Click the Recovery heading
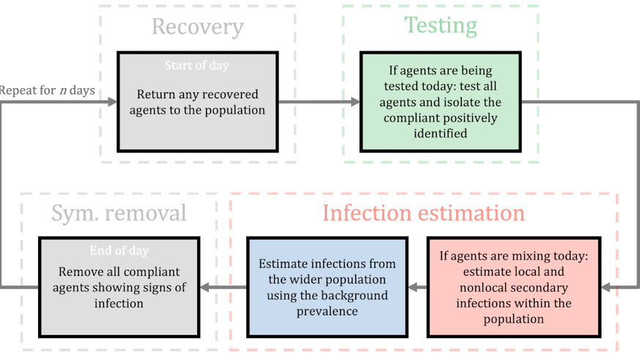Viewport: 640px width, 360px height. pos(197,27)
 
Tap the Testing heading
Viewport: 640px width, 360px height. pos(441,26)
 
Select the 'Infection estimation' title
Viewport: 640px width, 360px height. pos(424,213)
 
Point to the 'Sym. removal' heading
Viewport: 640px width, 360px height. pos(119,213)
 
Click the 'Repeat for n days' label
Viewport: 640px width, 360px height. pos(48,90)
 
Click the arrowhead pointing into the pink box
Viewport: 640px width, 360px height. pos(606,288)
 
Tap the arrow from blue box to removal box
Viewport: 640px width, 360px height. pos(224,287)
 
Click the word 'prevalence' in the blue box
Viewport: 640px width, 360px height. pos(326,312)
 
